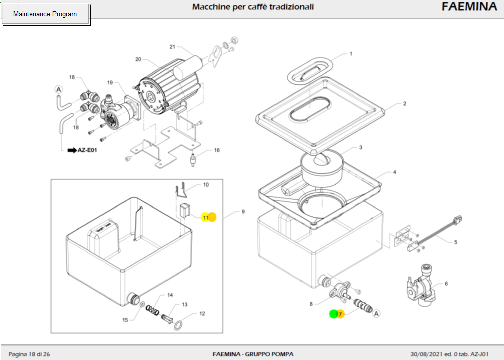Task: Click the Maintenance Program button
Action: [45, 14]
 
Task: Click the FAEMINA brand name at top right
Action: [469, 7]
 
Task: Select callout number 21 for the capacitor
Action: [172, 47]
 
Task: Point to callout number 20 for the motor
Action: [138, 59]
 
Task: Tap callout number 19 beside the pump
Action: [110, 83]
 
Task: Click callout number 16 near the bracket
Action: [217, 150]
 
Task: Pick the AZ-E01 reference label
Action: [86, 150]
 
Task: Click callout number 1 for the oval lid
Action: [351, 54]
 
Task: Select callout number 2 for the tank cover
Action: [404, 104]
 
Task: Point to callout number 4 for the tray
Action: [394, 172]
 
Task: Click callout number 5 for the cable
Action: [456, 242]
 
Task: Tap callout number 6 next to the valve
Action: [446, 284]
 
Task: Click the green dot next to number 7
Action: [333, 314]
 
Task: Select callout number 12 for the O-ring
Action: [202, 314]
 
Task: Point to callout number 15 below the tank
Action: [126, 320]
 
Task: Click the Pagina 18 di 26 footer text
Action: [29, 354]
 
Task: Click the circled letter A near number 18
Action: [58, 90]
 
